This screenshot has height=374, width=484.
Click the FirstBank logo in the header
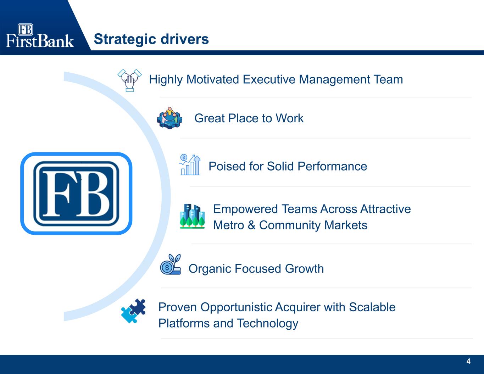pos(40,35)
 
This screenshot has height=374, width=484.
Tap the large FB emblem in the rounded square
pos(76,194)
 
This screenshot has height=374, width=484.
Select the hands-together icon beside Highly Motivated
pos(129,80)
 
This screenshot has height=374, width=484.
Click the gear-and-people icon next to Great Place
pos(169,118)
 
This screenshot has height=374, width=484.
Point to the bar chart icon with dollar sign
pos(190,165)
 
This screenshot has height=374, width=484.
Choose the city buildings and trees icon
pos(192,216)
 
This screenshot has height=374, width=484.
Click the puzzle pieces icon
pos(133,311)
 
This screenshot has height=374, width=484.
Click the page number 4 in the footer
pos(468,362)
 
